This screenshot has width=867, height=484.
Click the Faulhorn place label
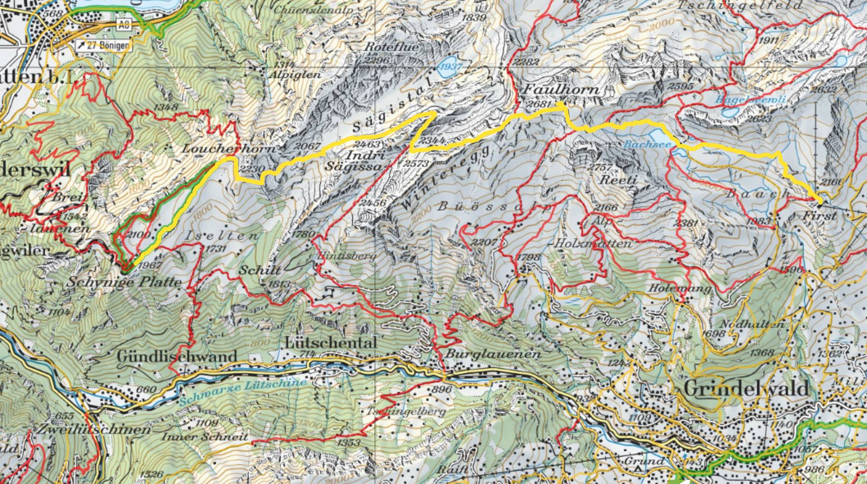(x=561, y=89)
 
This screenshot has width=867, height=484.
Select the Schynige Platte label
(x=124, y=282)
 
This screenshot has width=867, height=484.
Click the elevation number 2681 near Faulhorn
(x=540, y=104)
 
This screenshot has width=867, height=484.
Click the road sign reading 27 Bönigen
(x=103, y=45)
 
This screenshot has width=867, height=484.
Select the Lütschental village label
(x=331, y=343)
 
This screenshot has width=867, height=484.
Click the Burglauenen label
(x=493, y=353)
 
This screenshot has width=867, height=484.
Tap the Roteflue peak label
(x=385, y=47)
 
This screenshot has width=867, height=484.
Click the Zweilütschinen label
(x=95, y=429)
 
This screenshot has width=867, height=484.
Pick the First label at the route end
(x=819, y=216)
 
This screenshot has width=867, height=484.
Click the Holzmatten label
(x=592, y=244)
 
